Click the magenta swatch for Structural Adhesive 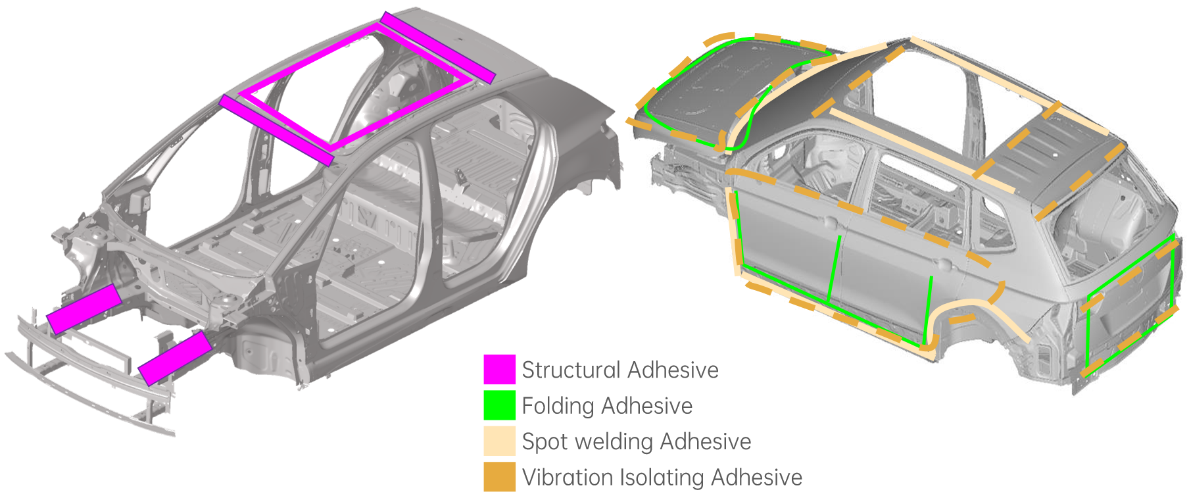pos(499,370)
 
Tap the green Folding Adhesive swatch pos(499,405)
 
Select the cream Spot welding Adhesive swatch pos(499,441)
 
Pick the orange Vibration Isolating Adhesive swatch pos(499,477)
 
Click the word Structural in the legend pos(570,370)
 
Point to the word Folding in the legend pos(557,407)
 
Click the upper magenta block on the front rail pos(84,309)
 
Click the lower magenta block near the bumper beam pos(175,358)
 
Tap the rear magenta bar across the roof pos(437,47)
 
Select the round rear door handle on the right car pos(944,264)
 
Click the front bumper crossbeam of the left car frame pos(85,382)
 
